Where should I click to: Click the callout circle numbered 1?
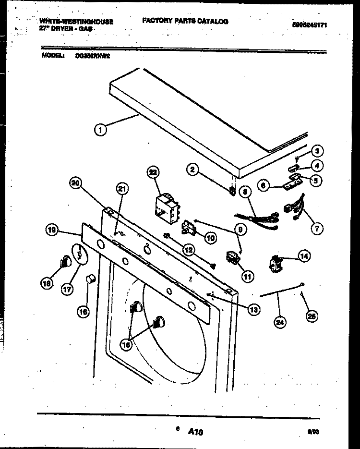pyautogui.click(x=100, y=129)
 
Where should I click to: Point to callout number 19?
pyautogui.click(x=52, y=231)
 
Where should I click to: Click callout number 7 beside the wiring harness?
pyautogui.click(x=315, y=229)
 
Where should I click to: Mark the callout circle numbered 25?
pyautogui.click(x=312, y=316)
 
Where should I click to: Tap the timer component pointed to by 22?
pyautogui.click(x=164, y=205)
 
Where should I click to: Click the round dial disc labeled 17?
pyautogui.click(x=78, y=253)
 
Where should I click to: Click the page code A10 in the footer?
pyautogui.click(x=195, y=432)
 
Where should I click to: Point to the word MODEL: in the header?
pyautogui.click(x=53, y=56)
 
